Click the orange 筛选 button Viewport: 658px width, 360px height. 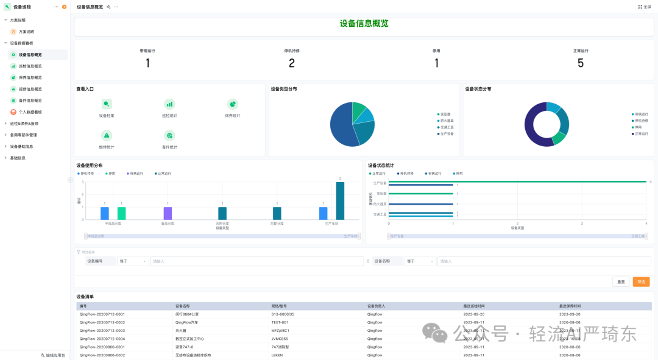coord(641,281)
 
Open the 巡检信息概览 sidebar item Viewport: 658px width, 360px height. coord(30,66)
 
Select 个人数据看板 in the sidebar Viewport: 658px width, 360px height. coord(30,112)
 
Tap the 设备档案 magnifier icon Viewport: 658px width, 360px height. coord(107,104)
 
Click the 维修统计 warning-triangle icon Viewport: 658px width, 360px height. coord(107,135)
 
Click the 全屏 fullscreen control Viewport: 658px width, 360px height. coord(644,7)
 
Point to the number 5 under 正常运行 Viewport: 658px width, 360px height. coord(580,63)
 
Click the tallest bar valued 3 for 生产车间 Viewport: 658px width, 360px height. coord(340,200)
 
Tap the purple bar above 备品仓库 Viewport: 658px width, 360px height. coord(168,213)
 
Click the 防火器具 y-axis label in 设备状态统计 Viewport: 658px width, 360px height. coord(380,204)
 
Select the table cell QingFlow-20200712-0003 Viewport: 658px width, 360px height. coord(102,330)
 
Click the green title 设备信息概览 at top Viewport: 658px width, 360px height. coord(364,24)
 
